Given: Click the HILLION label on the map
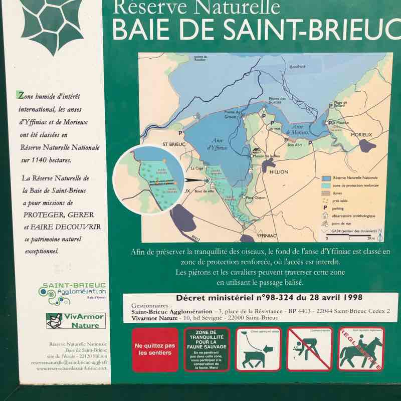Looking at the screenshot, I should click(279, 172).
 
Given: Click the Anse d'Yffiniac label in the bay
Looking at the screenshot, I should click(217, 145).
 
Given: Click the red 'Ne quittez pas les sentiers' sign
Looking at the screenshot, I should click(155, 349).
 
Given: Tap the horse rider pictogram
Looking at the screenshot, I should click(360, 349).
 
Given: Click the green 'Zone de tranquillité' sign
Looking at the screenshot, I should click(207, 349).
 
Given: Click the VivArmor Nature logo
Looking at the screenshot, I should click(76, 320).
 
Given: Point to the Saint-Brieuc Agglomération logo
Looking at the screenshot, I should click(74, 293).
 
